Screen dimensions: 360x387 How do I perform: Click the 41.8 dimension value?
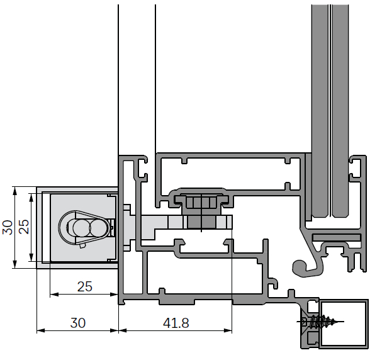click(x=176, y=323)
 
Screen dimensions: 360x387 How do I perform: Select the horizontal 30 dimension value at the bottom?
click(x=77, y=323)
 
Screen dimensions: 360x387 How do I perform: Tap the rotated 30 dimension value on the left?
click(x=8, y=227)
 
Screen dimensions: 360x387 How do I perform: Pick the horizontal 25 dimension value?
click(x=84, y=286)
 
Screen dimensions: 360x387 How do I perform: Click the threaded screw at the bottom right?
click(x=323, y=323)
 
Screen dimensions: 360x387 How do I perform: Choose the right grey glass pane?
click(x=340, y=113)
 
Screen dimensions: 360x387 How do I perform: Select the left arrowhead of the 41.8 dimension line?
click(x=122, y=330)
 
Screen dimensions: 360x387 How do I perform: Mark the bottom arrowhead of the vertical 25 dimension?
click(x=31, y=259)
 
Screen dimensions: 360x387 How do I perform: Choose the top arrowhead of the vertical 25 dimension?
click(x=31, y=198)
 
